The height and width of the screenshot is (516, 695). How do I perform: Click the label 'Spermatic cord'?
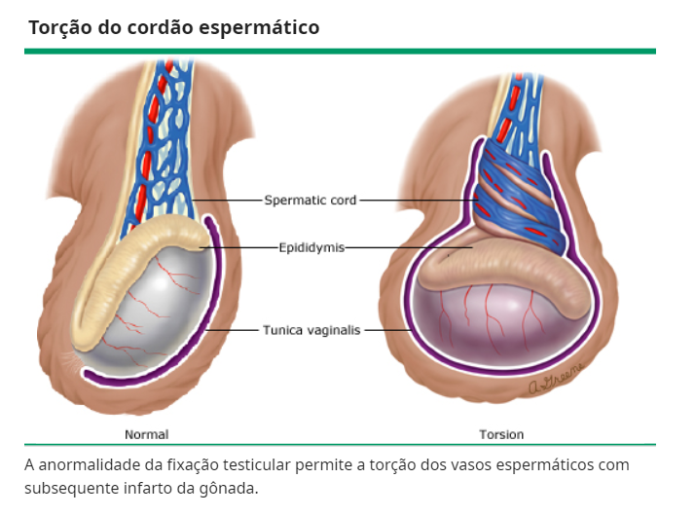[311, 201]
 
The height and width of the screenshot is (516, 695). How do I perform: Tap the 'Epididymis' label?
[311, 247]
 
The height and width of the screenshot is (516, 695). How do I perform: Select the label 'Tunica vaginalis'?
[311, 330]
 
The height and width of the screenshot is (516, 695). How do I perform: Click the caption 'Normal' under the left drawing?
[146, 434]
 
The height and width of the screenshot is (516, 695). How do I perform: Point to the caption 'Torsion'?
[500, 434]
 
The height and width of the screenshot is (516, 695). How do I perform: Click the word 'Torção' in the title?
[60, 27]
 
